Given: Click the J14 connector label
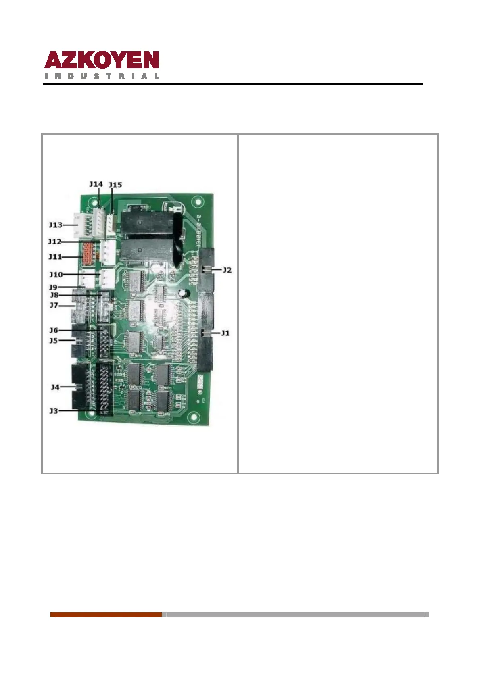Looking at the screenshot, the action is click(x=96, y=184).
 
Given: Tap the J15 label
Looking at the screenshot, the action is click(x=115, y=185).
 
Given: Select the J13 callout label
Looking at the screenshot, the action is click(x=56, y=225).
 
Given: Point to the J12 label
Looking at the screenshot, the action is click(x=55, y=242).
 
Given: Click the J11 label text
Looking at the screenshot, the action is click(x=55, y=257).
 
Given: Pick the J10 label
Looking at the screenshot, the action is click(x=56, y=275).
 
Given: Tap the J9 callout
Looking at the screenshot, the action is click(x=53, y=287).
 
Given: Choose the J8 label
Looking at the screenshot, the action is click(x=54, y=295).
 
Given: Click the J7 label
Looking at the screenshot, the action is click(x=54, y=305).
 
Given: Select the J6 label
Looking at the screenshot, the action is click(x=54, y=330).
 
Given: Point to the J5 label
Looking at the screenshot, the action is click(x=54, y=341).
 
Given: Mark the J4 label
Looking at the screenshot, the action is click(x=55, y=387).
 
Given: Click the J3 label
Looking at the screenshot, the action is click(x=54, y=411).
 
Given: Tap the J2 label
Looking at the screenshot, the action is click(x=227, y=270).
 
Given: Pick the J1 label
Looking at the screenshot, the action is click(x=225, y=333).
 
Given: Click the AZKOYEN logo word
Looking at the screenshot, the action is click(x=102, y=60).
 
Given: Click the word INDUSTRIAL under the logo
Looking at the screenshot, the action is click(x=102, y=76).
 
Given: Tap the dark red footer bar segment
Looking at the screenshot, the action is click(x=106, y=614).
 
